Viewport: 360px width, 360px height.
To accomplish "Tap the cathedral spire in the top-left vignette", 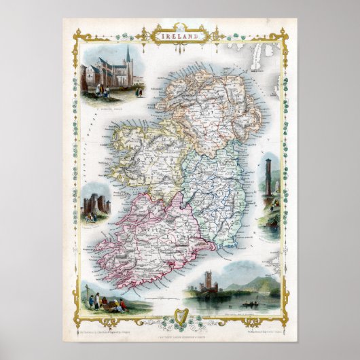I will pyautogui.click(x=127, y=55).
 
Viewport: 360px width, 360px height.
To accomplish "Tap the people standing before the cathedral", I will pyautogui.click(x=102, y=90).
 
